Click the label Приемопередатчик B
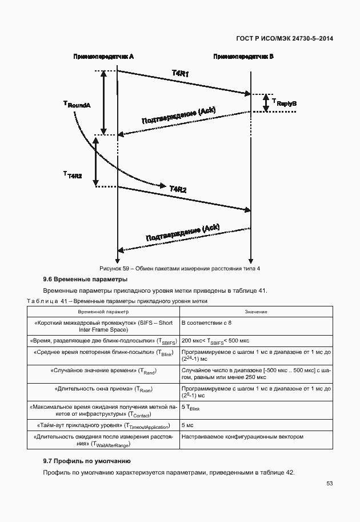pos(243,57)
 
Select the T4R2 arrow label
pos(178,188)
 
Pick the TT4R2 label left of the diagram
pos(72,175)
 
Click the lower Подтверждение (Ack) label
pos(182,232)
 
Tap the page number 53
pos(330,483)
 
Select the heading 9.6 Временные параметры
pos(85,280)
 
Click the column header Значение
pos(257,312)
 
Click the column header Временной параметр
pos(103,312)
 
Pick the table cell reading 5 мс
pos(187,425)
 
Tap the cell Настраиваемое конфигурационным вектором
pos(242,437)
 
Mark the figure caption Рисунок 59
pos(179,269)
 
